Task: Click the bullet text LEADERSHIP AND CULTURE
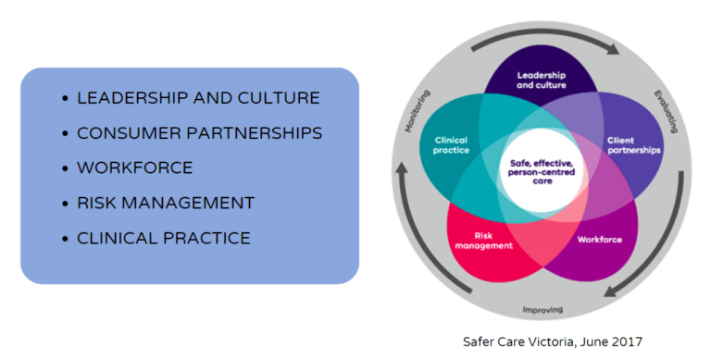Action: [198, 98]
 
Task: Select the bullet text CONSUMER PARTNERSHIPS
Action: [199, 133]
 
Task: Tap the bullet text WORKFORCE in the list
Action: [134, 168]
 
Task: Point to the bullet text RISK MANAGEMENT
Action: [165, 203]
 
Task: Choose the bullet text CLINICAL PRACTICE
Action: [163, 238]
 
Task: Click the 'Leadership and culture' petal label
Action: [542, 80]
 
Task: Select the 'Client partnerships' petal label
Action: [633, 145]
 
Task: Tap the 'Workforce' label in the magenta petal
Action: [600, 241]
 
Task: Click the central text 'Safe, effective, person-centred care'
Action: [542, 168]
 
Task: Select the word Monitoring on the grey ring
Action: [418, 112]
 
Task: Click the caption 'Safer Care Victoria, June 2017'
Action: [552, 341]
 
